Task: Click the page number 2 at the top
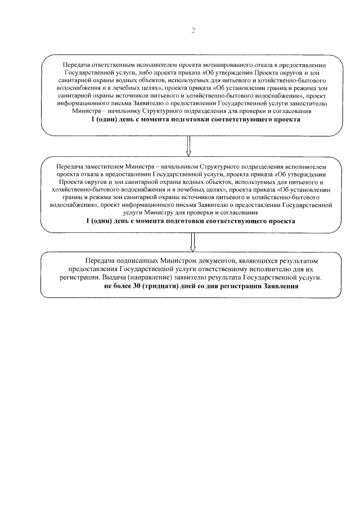[x=192, y=31]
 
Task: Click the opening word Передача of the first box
[x=78, y=65]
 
